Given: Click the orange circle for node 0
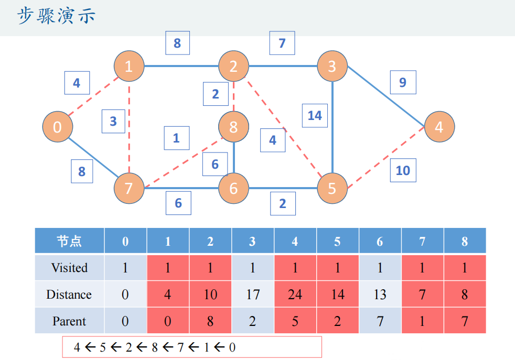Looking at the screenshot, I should point(57,127).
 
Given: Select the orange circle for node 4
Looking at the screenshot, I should point(439,127).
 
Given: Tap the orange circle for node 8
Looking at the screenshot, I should point(233,127).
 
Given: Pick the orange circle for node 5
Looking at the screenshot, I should point(332,188).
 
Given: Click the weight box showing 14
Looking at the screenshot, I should point(315,115).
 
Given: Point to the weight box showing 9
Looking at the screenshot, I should point(403,82).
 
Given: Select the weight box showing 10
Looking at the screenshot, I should point(403,170).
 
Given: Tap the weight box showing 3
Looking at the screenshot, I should point(113,121).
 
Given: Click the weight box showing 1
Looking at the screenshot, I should point(176,138).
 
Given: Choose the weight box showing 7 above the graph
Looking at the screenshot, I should point(282,43).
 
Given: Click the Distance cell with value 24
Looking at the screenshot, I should point(295,294).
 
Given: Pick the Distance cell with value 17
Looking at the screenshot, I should point(252,294).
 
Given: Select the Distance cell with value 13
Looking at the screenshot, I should point(380,294).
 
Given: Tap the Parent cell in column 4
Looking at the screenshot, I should point(295,321).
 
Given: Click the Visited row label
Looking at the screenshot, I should point(69,268).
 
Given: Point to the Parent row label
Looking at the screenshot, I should point(69,321).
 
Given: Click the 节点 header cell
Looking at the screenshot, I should point(69,241).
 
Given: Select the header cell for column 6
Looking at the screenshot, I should point(380,241).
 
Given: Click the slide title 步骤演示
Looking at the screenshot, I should point(57,16).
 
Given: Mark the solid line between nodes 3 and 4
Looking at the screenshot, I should point(387,97).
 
